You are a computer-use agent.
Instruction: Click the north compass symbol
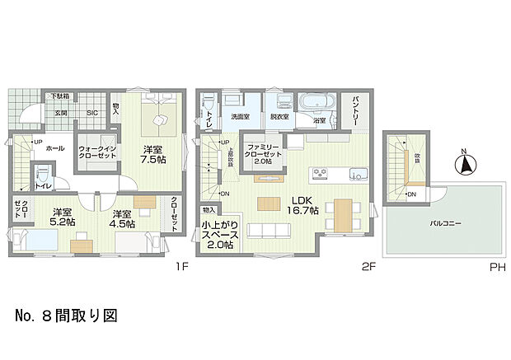[x=465, y=164]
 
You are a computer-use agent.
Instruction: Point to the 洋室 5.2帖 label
[x=61, y=217]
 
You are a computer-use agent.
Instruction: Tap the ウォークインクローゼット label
[x=96, y=152]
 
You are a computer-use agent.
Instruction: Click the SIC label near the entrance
[x=93, y=112]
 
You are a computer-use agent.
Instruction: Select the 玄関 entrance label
[x=62, y=112]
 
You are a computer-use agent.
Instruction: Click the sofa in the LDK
[x=262, y=228]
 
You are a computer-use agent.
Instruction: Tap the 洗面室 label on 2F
[x=241, y=116]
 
